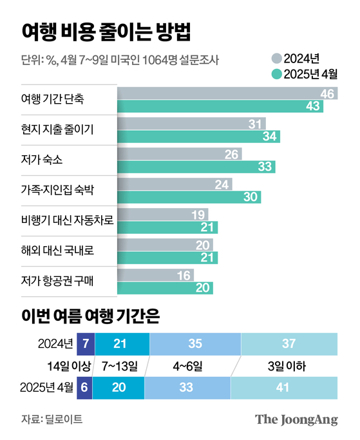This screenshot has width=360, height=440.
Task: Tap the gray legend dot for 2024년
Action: pos(276,58)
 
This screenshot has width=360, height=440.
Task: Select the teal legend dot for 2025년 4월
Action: pos(276,74)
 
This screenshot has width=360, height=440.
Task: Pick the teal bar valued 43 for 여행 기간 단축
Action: pos(220,106)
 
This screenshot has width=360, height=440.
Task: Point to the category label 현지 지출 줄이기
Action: pos(58,129)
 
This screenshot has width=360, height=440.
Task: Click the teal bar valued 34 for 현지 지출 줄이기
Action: pos(198,136)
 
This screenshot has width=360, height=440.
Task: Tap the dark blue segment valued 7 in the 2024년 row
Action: pos(85,341)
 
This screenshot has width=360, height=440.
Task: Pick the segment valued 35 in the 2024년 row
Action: pos(195,341)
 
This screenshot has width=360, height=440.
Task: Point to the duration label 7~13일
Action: pos(118,365)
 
